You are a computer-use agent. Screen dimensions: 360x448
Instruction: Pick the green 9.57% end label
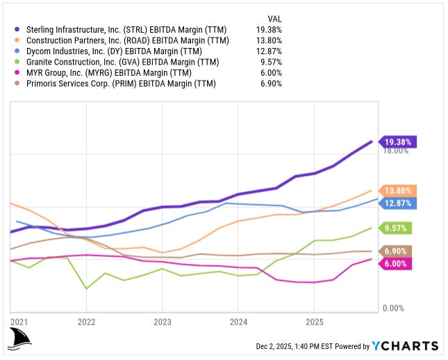[x=397, y=228]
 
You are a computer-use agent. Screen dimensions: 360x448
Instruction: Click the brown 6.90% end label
[x=397, y=251]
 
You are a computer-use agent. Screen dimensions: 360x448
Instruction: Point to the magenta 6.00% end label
[x=397, y=263]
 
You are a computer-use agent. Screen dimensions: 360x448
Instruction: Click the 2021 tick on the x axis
[x=19, y=322]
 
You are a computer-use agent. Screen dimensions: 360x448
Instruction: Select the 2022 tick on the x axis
[x=86, y=322]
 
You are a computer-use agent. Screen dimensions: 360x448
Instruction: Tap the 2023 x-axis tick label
[x=162, y=322]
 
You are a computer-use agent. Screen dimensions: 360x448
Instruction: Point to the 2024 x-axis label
[x=238, y=322]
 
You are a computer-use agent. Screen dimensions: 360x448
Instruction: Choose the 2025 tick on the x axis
[x=313, y=322]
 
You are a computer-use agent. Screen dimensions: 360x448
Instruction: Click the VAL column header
[x=274, y=18]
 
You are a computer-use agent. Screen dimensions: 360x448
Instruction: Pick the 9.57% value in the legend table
[x=269, y=63]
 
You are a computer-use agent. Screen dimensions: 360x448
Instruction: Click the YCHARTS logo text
[x=405, y=346]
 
